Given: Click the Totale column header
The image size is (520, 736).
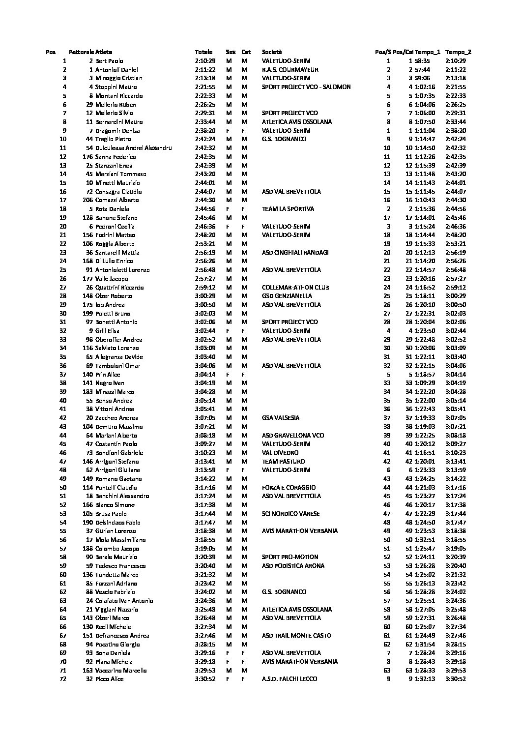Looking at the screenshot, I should [203, 52].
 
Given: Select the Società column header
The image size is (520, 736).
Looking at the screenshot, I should [272, 52].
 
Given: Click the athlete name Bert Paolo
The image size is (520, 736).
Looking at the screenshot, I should [109, 61].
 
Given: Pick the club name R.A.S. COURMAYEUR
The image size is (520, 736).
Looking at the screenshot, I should [290, 70].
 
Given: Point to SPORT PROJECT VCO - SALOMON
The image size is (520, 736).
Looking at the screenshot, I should [306, 87].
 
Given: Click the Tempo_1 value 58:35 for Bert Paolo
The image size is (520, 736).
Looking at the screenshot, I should [422, 61].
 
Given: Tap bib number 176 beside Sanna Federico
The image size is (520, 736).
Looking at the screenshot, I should [87, 157].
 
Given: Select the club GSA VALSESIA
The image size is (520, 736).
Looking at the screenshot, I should [281, 418].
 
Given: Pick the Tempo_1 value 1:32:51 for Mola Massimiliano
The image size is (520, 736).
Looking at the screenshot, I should [424, 540].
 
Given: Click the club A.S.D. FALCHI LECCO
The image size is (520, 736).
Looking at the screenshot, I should [289, 679].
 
